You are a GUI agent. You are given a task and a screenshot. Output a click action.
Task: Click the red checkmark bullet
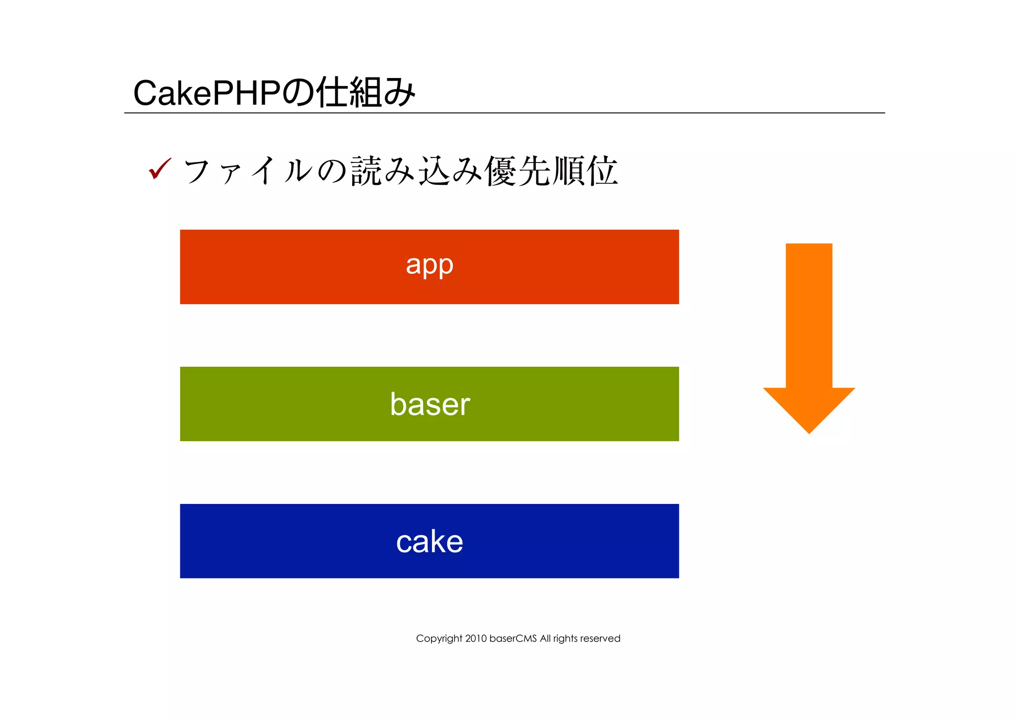[x=160, y=169]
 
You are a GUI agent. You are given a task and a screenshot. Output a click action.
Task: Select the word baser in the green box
[x=430, y=404]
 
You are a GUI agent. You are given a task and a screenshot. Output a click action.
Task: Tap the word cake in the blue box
[x=430, y=541]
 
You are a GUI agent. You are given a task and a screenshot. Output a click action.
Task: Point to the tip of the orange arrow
[x=809, y=431]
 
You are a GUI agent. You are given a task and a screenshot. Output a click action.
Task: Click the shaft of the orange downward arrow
[x=809, y=313]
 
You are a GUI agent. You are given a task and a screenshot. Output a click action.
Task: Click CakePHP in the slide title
[x=207, y=93]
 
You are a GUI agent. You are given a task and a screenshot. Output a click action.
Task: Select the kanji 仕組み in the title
[x=366, y=92]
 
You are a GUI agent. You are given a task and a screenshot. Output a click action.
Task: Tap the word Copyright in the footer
[x=439, y=639]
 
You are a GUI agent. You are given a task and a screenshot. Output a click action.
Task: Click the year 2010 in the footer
[x=476, y=639]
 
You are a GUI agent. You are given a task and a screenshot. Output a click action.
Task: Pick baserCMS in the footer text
[x=513, y=639]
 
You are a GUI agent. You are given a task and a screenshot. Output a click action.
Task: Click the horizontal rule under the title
[x=504, y=113]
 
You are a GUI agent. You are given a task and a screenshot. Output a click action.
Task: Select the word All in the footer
[x=545, y=639]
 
